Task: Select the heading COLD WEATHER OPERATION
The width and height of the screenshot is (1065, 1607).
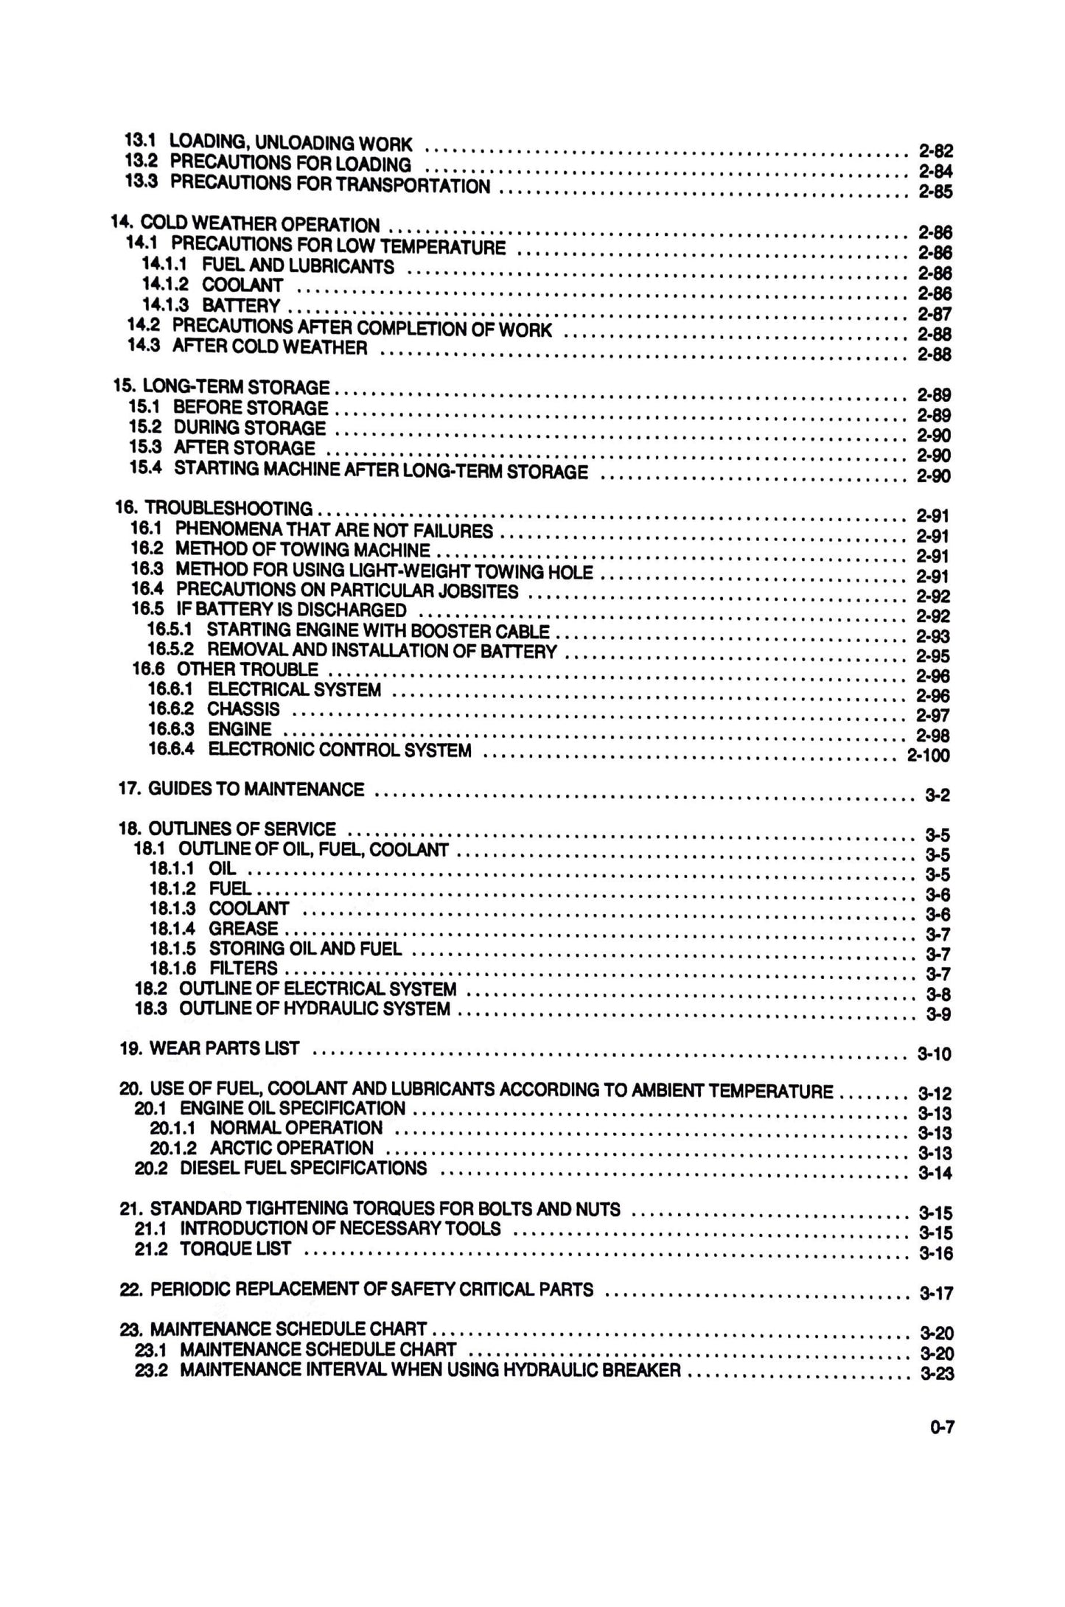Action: pos(260,223)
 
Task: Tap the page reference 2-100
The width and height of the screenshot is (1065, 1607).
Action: pos(927,755)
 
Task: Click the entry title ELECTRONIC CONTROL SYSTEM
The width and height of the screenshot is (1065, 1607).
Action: pos(340,750)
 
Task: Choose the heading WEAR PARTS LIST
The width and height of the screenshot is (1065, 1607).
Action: pos(224,1047)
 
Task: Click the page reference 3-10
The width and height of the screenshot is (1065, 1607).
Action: pos(934,1054)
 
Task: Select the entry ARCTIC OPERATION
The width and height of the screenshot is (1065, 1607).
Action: pos(292,1148)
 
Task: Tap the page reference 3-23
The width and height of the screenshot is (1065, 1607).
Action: pos(936,1373)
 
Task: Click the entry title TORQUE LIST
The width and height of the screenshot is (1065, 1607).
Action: pos(235,1248)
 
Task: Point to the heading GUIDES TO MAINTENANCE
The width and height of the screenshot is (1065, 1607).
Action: pos(256,789)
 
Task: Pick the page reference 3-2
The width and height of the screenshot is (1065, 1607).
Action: pos(937,795)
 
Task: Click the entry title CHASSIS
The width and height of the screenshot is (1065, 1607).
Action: pos(243,709)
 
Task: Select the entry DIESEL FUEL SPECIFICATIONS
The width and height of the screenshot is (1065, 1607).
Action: pos(303,1168)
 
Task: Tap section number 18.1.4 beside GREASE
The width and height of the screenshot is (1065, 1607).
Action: pos(172,929)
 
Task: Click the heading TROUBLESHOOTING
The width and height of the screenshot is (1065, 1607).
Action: pos(228,508)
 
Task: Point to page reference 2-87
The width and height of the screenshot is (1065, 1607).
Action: pos(934,313)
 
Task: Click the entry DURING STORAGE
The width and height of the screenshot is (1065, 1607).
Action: pos(249,428)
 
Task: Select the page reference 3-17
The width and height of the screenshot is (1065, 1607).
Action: pos(936,1292)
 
